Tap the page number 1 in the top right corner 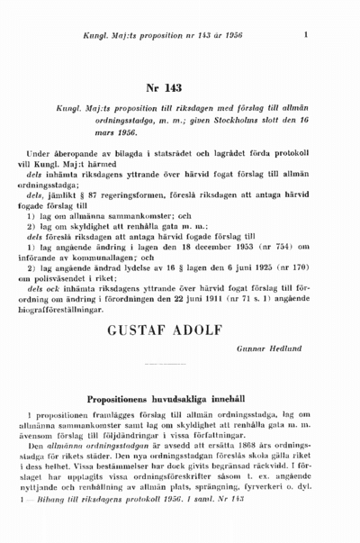308,35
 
